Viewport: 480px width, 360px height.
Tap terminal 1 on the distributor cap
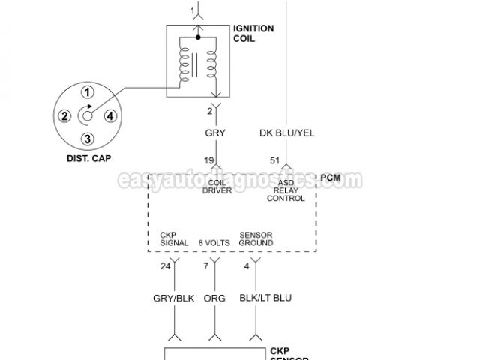coord(88,93)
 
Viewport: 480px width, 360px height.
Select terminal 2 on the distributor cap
coord(65,115)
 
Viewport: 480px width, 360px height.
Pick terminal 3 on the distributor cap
coord(88,138)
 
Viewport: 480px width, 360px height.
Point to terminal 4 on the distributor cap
coord(110,115)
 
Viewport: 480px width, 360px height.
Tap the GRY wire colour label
coord(215,133)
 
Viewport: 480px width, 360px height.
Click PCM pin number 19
coord(211,160)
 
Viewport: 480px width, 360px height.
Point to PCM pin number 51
coord(275,160)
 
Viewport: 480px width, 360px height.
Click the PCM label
coord(331,178)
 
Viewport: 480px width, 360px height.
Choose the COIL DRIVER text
coord(217,187)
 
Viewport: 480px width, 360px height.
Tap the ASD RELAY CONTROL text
coord(286,191)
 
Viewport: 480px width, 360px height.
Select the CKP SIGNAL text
coord(174,239)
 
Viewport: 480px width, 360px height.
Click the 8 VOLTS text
coord(214,243)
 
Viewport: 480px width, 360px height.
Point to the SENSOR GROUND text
coord(256,239)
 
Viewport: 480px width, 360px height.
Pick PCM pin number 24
coord(166,266)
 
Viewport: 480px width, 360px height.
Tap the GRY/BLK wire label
coord(174,298)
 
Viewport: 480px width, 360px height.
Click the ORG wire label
coord(214,298)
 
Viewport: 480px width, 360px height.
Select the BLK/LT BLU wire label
coord(265,298)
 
